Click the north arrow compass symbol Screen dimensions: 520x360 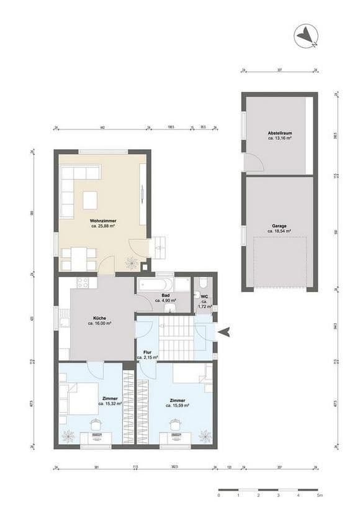click(307, 37)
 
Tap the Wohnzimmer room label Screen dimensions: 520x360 click(103, 221)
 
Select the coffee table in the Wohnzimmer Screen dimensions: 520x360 click(90, 199)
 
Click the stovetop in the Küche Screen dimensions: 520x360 click(83, 283)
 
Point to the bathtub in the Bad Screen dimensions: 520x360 click(155, 285)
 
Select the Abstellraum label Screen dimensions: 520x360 click(279, 134)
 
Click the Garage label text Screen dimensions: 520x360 click(279, 226)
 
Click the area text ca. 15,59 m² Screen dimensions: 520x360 click(178, 405)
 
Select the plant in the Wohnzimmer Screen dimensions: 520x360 click(131, 263)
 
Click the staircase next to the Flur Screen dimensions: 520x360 click(176, 339)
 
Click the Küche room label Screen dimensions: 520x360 click(99, 319)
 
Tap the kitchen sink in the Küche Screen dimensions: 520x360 click(65, 321)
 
